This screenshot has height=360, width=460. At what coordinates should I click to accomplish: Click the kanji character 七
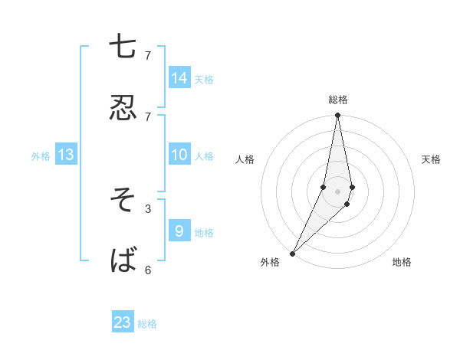click(123, 47)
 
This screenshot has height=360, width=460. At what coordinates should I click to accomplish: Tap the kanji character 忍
click(123, 108)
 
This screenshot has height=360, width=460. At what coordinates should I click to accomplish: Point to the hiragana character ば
click(123, 260)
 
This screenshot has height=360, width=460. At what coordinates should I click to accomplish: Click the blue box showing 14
click(179, 77)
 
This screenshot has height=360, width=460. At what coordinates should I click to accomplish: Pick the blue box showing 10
click(179, 154)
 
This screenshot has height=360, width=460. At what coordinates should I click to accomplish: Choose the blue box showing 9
click(179, 231)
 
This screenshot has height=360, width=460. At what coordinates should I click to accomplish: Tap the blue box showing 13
click(66, 155)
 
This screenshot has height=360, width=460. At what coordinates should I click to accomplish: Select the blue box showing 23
click(123, 322)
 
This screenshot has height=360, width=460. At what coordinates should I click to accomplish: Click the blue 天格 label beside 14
click(204, 79)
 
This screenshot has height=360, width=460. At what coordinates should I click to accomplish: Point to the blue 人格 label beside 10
click(204, 155)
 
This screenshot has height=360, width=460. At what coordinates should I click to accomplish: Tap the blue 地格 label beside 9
click(204, 232)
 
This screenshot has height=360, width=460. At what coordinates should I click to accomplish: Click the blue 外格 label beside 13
click(41, 156)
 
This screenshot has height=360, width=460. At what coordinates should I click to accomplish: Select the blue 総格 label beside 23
click(147, 324)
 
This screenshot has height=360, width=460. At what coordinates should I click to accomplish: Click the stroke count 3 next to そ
click(148, 208)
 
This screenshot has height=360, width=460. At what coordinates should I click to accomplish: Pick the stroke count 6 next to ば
click(148, 269)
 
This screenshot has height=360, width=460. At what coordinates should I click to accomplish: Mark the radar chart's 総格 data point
click(337, 116)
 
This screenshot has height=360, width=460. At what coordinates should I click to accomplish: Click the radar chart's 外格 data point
click(292, 253)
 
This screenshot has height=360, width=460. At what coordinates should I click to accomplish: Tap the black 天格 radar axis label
click(432, 159)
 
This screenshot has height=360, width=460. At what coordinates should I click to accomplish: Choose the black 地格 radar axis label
click(402, 262)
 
